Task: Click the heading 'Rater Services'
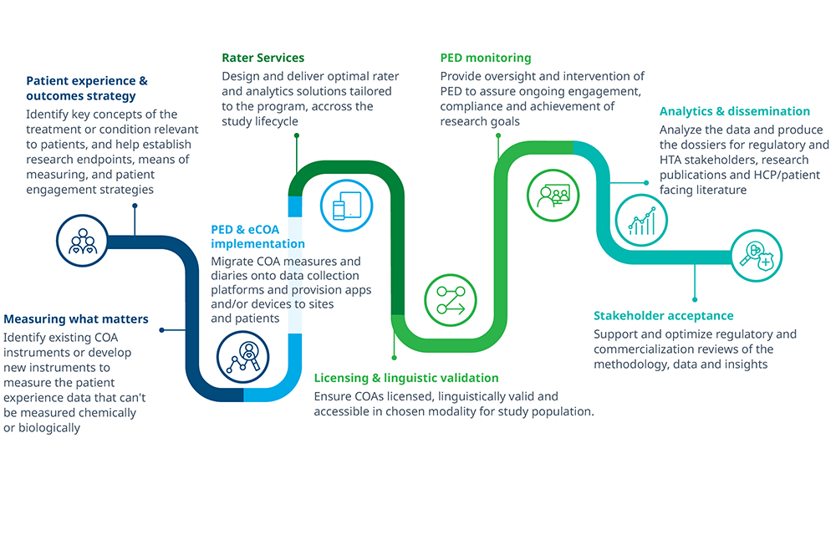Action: tap(263, 58)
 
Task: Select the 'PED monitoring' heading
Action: tap(486, 58)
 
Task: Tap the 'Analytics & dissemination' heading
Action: tap(735, 111)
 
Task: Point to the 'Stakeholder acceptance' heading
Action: tap(664, 315)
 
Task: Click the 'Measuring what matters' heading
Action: tap(76, 318)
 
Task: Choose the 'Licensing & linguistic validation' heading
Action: tap(406, 378)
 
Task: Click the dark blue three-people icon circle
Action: tap(83, 241)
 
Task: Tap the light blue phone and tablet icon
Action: tap(347, 206)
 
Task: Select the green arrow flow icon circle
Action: tap(451, 301)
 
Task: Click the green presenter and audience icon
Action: tap(553, 196)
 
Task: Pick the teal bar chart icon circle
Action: tap(641, 220)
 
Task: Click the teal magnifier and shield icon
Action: tap(756, 256)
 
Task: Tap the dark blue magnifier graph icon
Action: tap(243, 357)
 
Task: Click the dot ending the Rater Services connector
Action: tap(297, 136)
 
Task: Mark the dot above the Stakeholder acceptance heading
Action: tap(695, 300)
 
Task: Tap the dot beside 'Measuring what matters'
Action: tap(161, 330)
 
